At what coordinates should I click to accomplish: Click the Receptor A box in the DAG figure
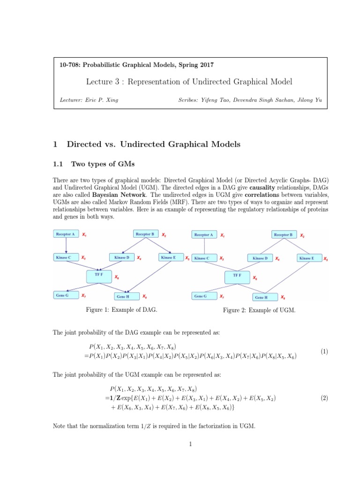(x=66, y=234)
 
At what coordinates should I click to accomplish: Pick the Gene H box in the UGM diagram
(x=261, y=297)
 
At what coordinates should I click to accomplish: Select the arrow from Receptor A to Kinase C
(x=66, y=246)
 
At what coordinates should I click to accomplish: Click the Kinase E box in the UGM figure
(x=308, y=258)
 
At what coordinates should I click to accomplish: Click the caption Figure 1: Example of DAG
(x=121, y=310)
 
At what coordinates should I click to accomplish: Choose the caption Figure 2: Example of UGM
(x=259, y=310)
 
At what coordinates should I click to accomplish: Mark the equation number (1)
(x=324, y=351)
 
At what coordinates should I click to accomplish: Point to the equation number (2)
(x=324, y=398)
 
